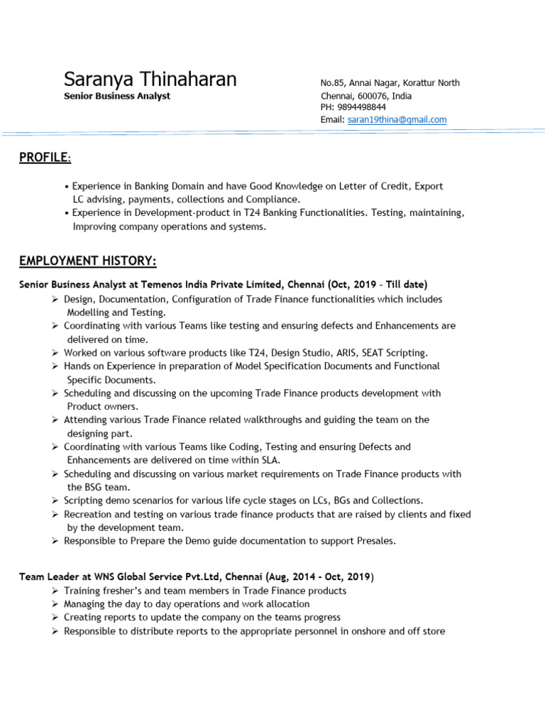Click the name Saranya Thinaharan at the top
[x=150, y=79]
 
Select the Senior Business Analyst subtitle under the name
[x=117, y=96]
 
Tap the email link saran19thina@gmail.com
[x=397, y=120]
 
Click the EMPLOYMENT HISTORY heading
[x=88, y=262]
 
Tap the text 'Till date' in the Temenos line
[x=405, y=285]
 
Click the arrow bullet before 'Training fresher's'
[x=55, y=591]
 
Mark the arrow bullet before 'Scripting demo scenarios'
[x=55, y=501]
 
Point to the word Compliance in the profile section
[x=274, y=199]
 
